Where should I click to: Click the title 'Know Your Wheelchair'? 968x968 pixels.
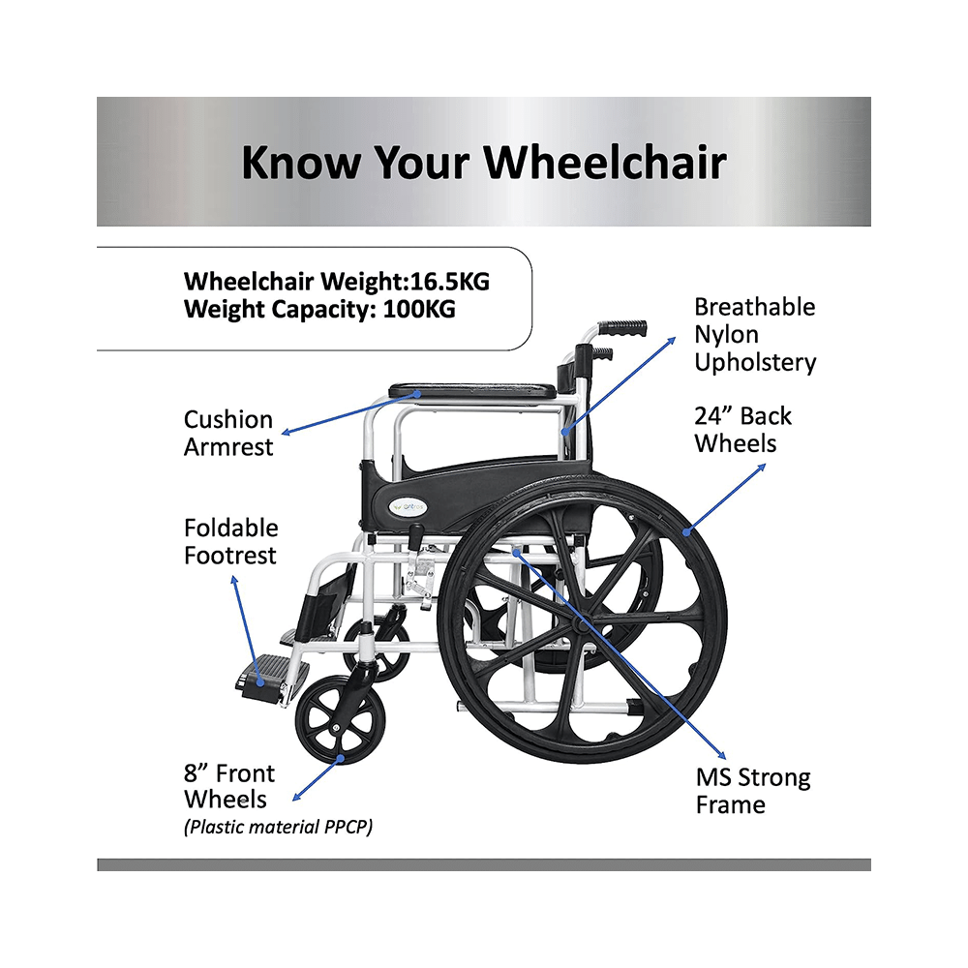click(483, 162)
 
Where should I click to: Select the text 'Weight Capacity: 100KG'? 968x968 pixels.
click(319, 310)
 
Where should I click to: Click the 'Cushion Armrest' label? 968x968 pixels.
click(228, 433)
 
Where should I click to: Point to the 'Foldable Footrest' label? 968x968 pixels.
click(230, 541)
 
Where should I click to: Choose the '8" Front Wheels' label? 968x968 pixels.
click(229, 786)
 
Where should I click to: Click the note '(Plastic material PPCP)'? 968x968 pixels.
click(278, 827)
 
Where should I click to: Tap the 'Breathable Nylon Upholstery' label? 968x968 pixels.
click(755, 335)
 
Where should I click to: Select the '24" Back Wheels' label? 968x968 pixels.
click(742, 430)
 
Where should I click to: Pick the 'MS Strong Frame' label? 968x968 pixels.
click(753, 791)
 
